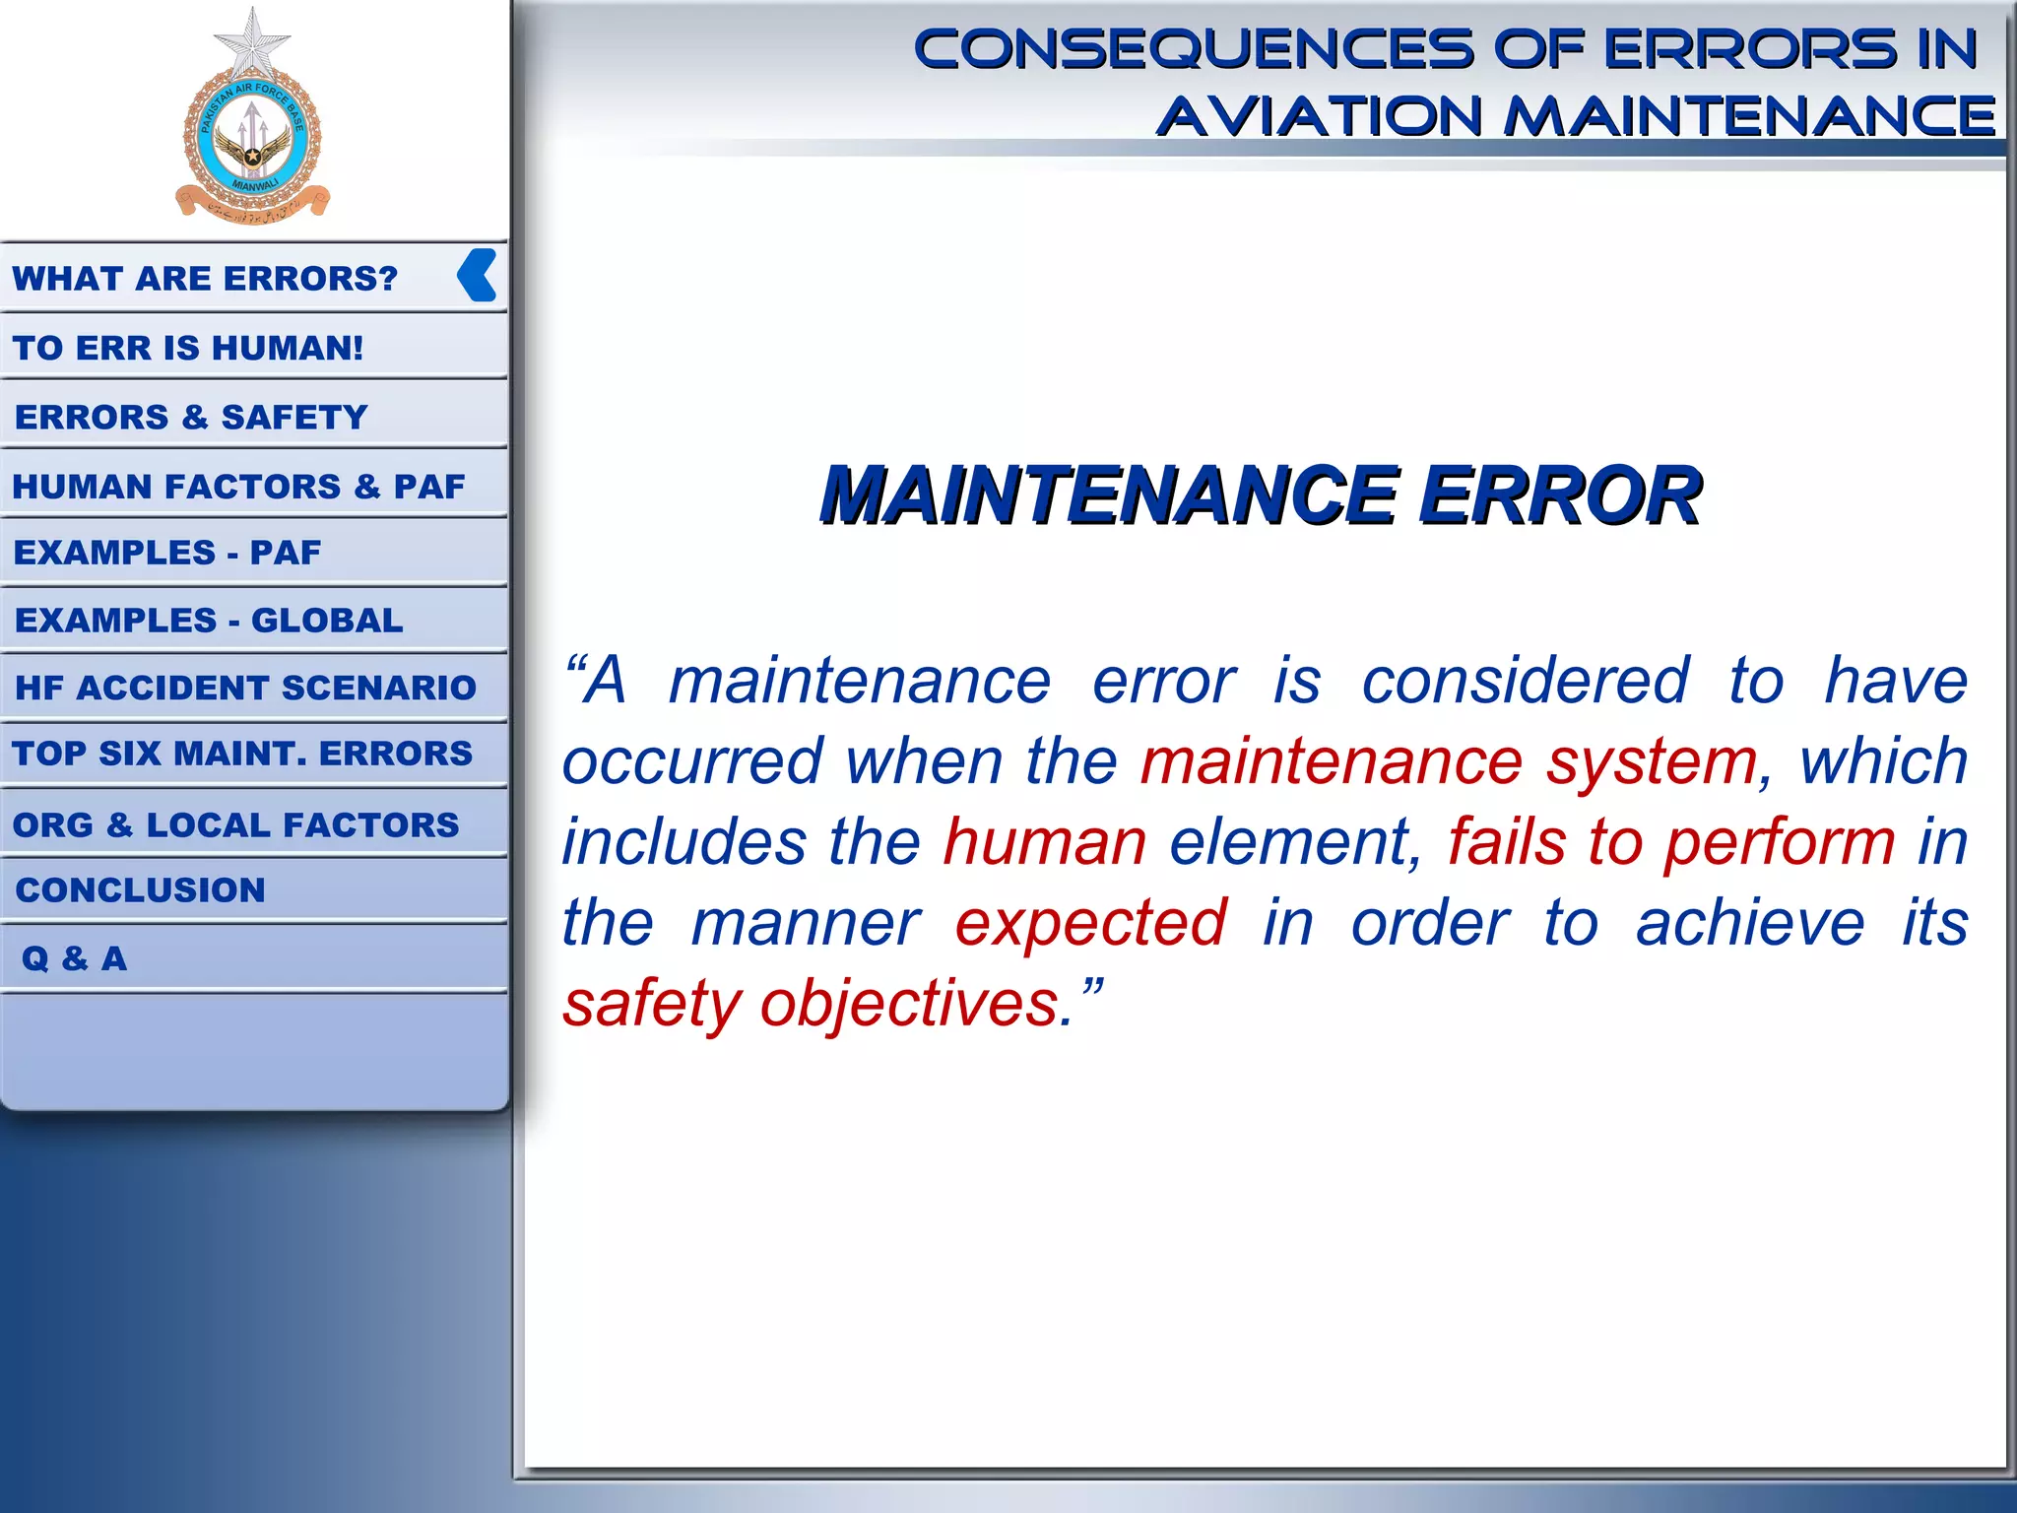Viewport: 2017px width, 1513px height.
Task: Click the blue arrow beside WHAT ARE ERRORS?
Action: [x=478, y=275]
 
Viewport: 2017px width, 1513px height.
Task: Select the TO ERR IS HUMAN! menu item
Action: [x=188, y=348]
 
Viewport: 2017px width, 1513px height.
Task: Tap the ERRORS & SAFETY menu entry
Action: [x=191, y=418]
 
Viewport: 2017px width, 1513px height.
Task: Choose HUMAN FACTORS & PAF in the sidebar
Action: [x=238, y=487]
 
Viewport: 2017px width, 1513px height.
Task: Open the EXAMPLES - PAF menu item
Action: [x=167, y=553]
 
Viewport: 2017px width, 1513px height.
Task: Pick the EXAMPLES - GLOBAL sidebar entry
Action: [x=209, y=621]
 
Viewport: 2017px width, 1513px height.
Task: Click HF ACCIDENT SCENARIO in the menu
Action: [x=245, y=688]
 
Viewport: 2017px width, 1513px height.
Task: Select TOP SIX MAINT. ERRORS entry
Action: [x=242, y=754]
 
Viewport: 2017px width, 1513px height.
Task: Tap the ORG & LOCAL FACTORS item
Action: [x=235, y=824]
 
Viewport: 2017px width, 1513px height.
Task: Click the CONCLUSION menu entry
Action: [x=141, y=890]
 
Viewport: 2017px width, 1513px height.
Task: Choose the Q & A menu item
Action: [x=75, y=958]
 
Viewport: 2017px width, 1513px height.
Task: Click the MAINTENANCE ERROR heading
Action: [x=1261, y=494]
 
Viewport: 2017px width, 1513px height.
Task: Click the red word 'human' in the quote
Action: [x=1045, y=843]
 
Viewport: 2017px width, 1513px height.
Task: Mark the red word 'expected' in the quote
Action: [x=1091, y=924]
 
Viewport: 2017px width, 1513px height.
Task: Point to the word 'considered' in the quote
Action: [x=1526, y=682]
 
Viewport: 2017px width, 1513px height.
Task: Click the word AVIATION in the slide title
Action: [x=1320, y=116]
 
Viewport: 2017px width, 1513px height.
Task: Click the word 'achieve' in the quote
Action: [x=1750, y=924]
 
